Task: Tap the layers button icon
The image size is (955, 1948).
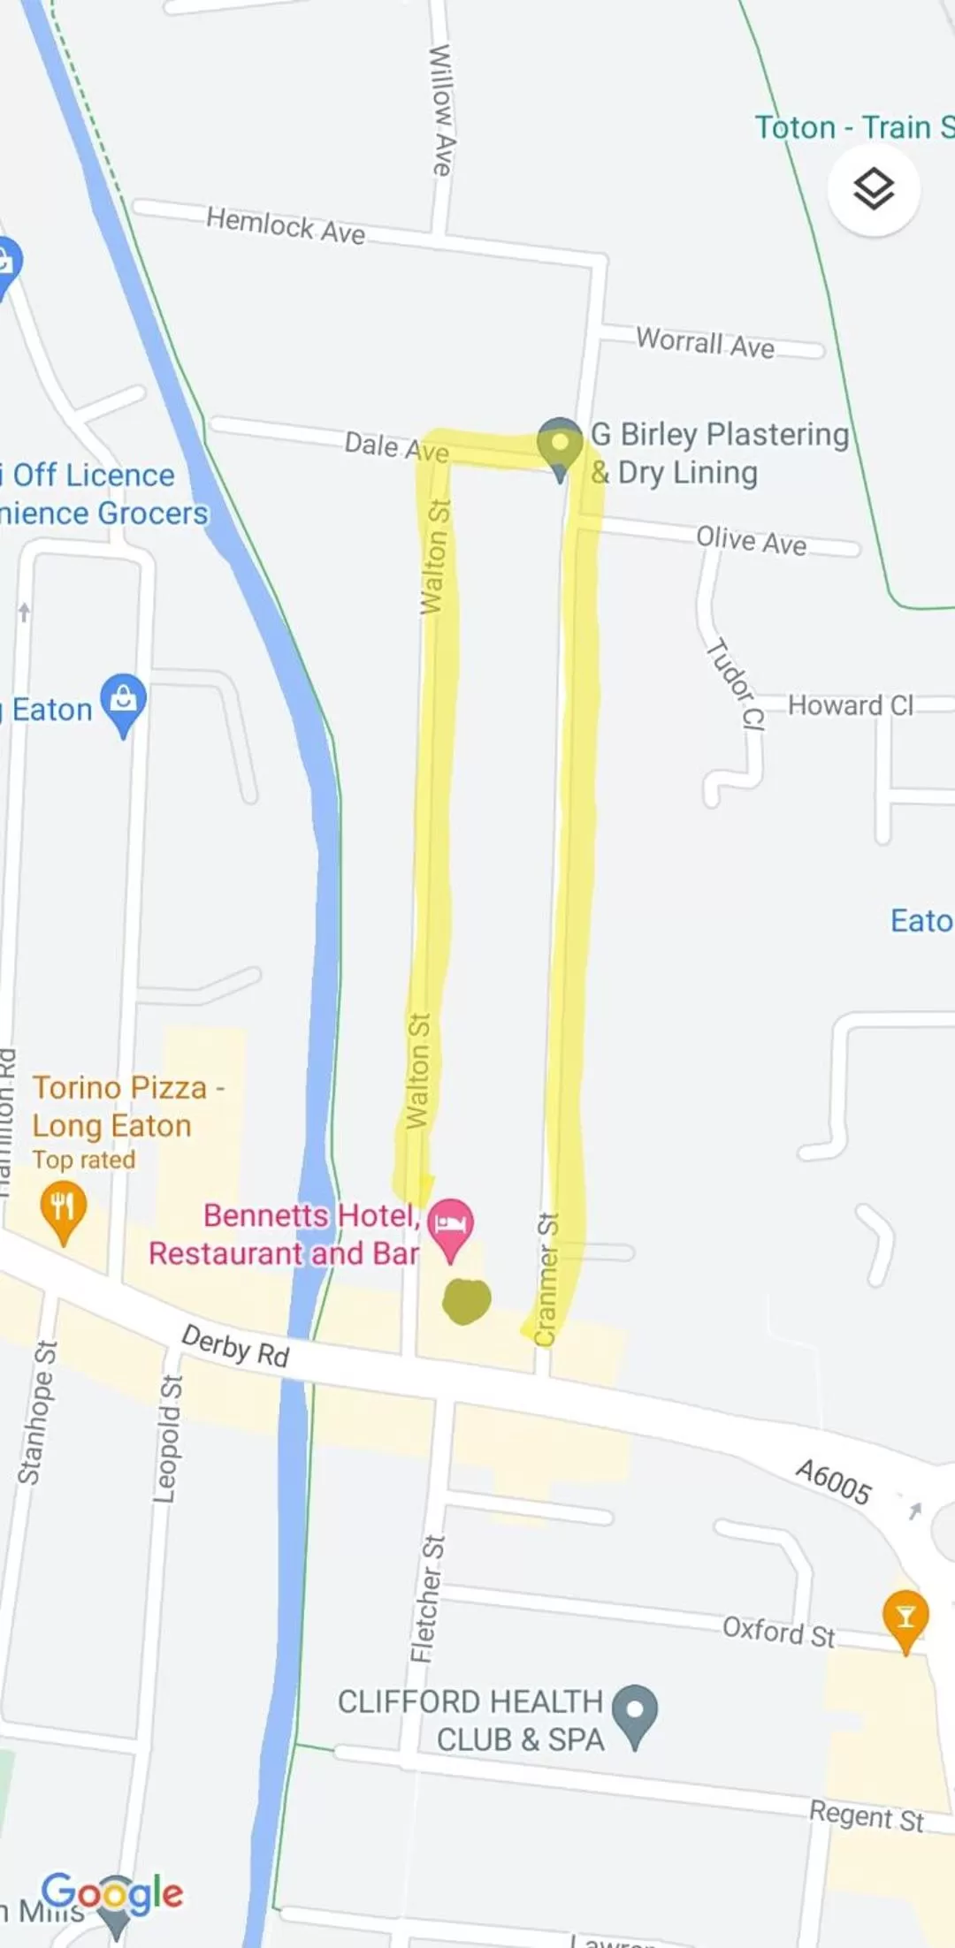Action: coord(874,189)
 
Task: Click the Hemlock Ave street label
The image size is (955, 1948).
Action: coord(285,225)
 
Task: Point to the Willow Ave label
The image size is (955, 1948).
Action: coord(441,110)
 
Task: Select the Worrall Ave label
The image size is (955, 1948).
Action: coord(705,343)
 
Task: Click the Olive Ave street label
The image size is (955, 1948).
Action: coord(751,539)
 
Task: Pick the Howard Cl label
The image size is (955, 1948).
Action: coord(850,705)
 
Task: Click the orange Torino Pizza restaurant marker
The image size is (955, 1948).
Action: coord(63,1209)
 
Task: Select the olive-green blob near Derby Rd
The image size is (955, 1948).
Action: coord(466,1301)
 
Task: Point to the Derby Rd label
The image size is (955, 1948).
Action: coord(235,1346)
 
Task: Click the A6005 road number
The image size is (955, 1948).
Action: coord(833,1481)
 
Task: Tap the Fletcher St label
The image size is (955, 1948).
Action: coord(428,1599)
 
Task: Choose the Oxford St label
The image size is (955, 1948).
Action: coord(778,1632)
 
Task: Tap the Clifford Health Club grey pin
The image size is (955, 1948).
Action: coord(635,1713)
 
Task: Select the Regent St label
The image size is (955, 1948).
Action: coord(866,1816)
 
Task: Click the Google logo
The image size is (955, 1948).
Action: coord(112,1893)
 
